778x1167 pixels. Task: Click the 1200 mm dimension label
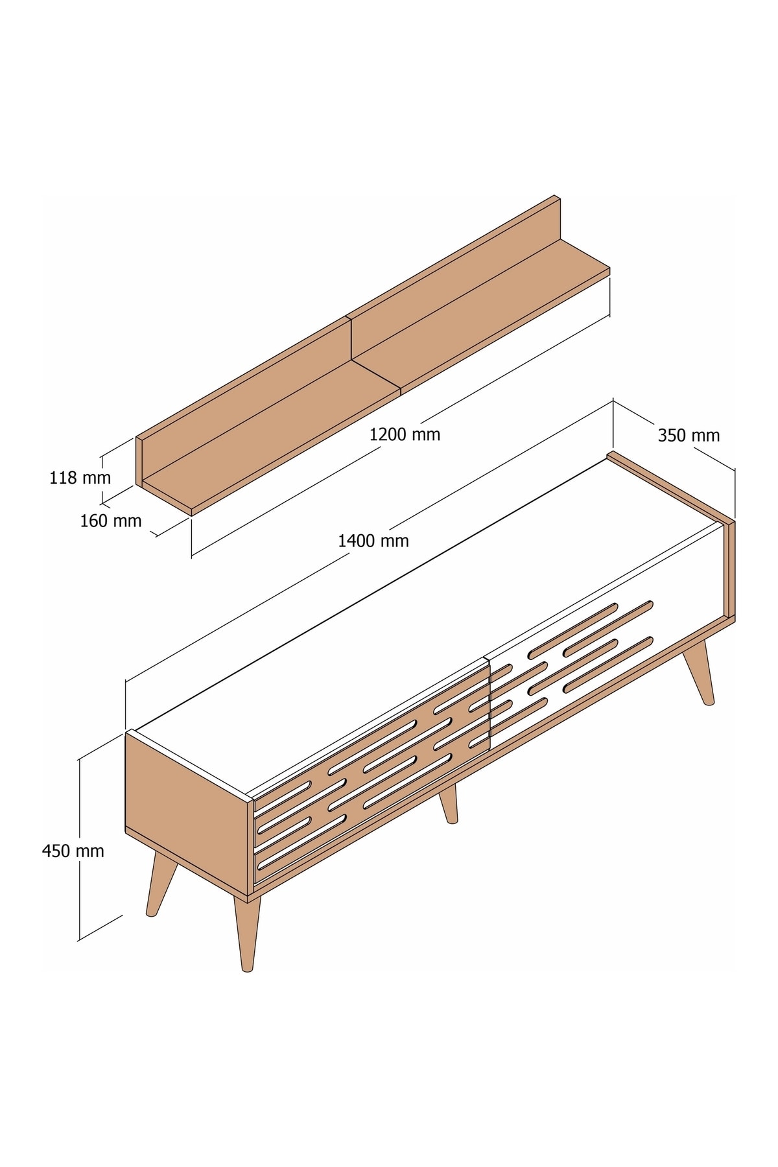pyautogui.click(x=405, y=434)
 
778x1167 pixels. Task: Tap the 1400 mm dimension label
pyautogui.click(x=373, y=540)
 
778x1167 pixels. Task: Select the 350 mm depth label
pyautogui.click(x=689, y=436)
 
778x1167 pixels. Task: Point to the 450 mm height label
pyautogui.click(x=73, y=851)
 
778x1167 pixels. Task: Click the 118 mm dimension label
pyautogui.click(x=80, y=478)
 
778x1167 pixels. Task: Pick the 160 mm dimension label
pyautogui.click(x=110, y=521)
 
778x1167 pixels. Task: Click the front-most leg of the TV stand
pyautogui.click(x=246, y=934)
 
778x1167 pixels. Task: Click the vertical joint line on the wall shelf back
pyautogui.click(x=351, y=338)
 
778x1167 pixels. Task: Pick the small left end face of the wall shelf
pyautogui.click(x=139, y=462)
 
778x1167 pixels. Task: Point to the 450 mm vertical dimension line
pyautogui.click(x=79, y=849)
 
